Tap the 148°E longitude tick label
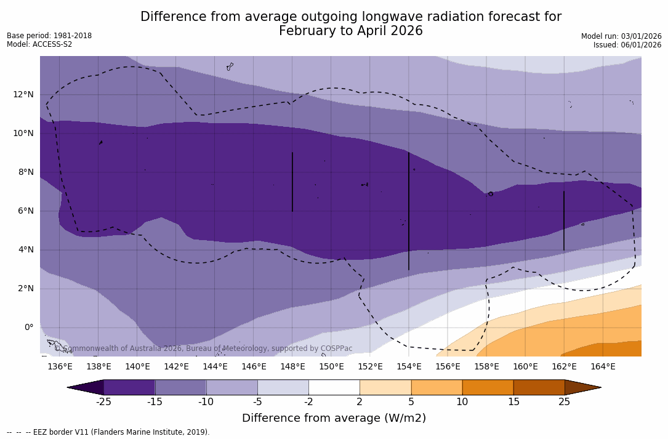(292, 366)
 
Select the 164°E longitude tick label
(603, 366)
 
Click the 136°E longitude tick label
(60, 366)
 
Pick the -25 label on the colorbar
(103, 402)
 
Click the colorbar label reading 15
(513, 402)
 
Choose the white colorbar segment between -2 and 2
(334, 387)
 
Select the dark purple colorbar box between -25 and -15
(129, 387)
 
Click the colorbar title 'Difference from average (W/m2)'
(334, 418)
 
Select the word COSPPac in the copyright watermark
(336, 348)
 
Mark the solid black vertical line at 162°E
(564, 220)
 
